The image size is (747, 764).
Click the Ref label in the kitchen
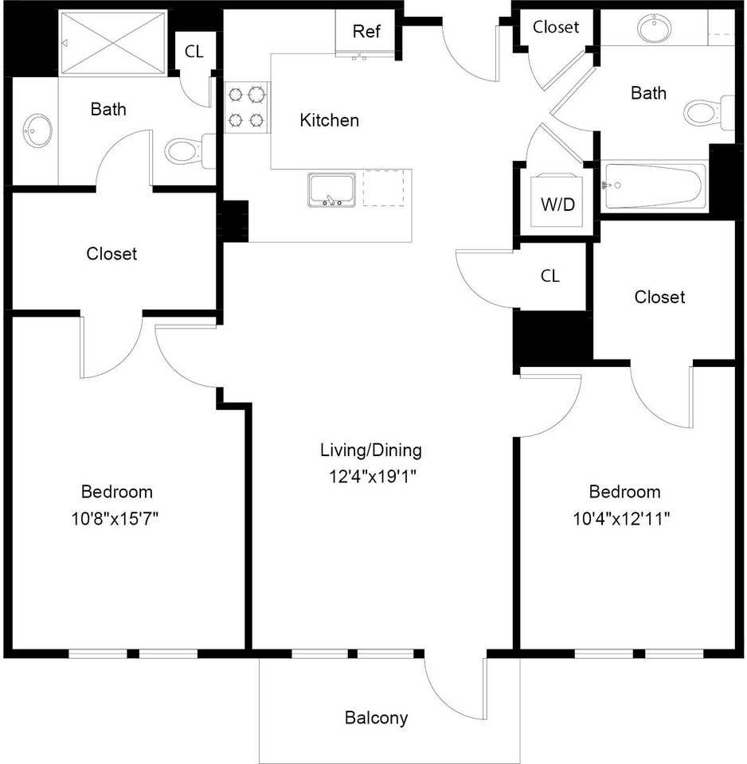pyautogui.click(x=366, y=31)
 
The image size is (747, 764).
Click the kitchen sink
pyautogui.click(x=331, y=189)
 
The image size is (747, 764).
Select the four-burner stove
pyautogui.click(x=247, y=107)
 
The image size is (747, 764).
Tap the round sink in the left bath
pyautogui.click(x=37, y=131)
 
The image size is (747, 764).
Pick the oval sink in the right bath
pyautogui.click(x=654, y=28)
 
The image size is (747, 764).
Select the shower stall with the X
pyautogui.click(x=113, y=43)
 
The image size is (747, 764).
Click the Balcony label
pyautogui.click(x=376, y=718)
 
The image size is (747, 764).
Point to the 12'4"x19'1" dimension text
pyautogui.click(x=373, y=476)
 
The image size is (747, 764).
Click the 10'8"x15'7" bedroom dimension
pyautogui.click(x=115, y=518)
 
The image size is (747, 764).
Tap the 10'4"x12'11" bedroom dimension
pyautogui.click(x=621, y=518)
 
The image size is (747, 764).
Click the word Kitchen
pyautogui.click(x=329, y=120)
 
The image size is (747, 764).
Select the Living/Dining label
pyautogui.click(x=371, y=450)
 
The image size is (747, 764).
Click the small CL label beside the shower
pyautogui.click(x=194, y=51)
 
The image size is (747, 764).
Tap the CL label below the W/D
pyautogui.click(x=550, y=276)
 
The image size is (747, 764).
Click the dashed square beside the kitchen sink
pyautogui.click(x=384, y=188)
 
